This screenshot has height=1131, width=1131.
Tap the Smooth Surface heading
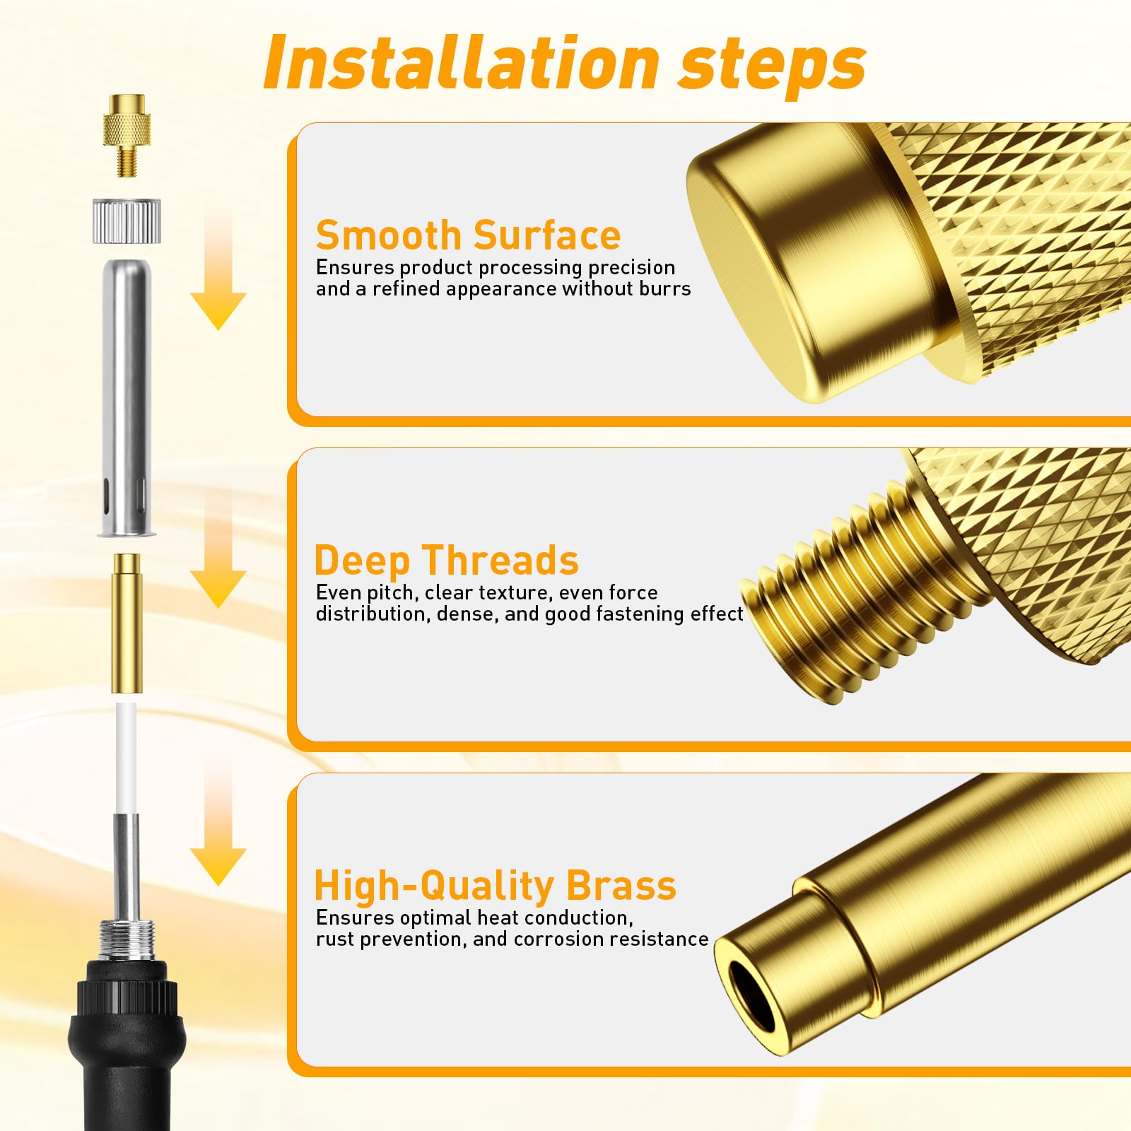[468, 235]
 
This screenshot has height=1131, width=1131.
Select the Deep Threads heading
[447, 561]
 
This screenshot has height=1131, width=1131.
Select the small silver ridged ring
[127, 222]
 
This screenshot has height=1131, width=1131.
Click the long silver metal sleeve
[127, 398]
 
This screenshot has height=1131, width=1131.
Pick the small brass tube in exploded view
[127, 623]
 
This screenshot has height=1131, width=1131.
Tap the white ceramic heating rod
[127, 758]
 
